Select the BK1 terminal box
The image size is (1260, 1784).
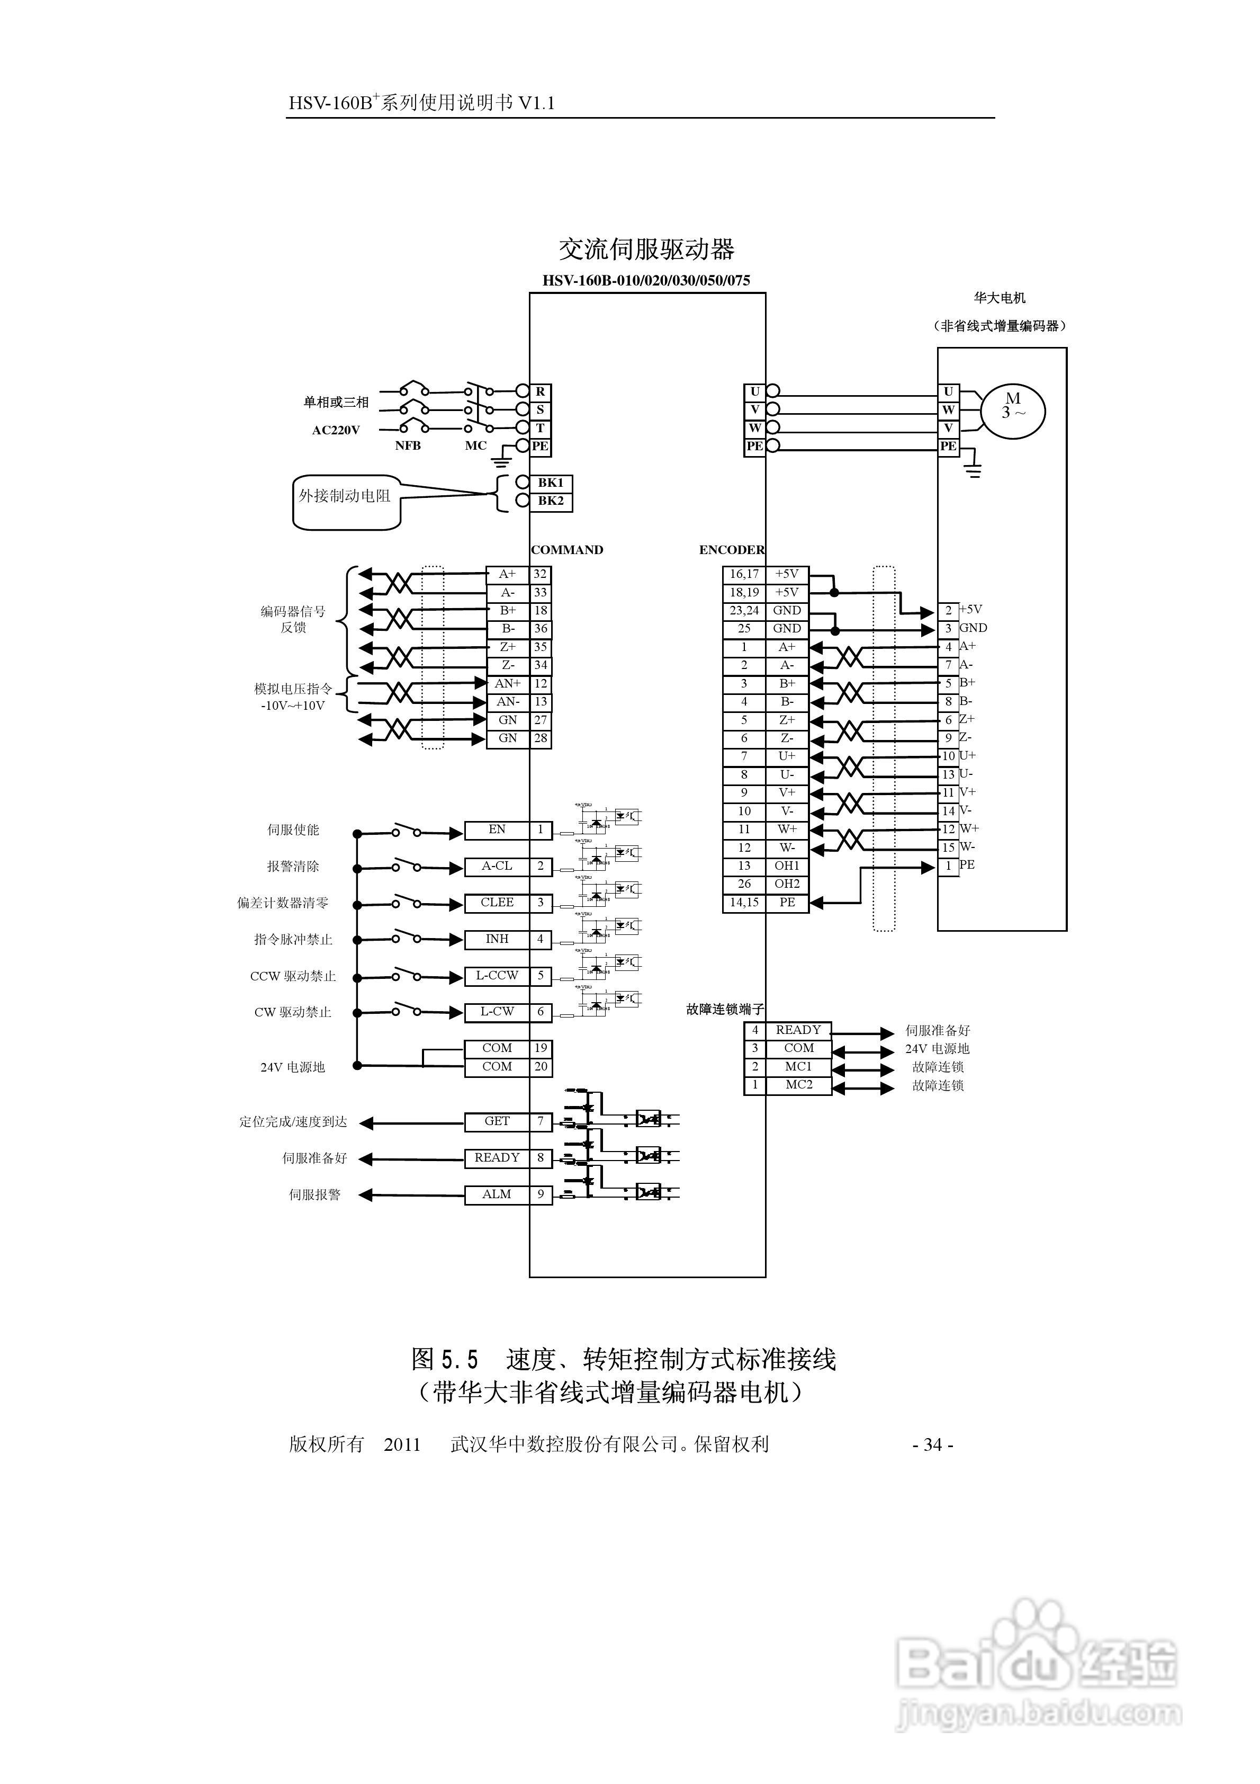click(x=551, y=483)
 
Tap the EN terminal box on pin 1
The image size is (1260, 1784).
click(x=497, y=830)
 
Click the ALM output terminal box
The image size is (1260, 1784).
click(x=497, y=1194)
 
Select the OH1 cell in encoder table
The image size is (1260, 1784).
click(x=786, y=866)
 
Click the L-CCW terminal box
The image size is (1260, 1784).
click(x=497, y=975)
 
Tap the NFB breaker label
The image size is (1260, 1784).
click(x=408, y=446)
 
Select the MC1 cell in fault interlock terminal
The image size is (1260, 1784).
click(x=798, y=1067)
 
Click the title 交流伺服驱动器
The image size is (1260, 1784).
click(x=646, y=250)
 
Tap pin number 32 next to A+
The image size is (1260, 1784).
click(x=541, y=574)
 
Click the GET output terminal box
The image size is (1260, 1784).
click(x=497, y=1121)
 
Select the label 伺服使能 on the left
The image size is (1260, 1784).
click(x=294, y=830)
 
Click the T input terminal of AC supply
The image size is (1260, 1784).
click(x=540, y=428)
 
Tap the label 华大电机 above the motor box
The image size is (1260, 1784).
click(x=1000, y=298)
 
